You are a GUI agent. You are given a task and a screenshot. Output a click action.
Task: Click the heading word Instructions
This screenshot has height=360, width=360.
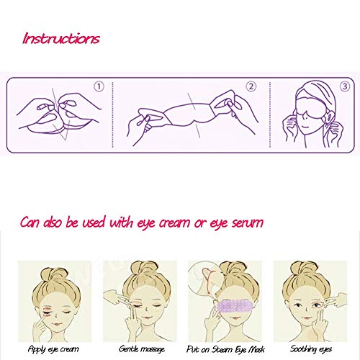tap(61, 38)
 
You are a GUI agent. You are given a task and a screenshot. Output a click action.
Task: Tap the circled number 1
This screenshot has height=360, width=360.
tap(99, 86)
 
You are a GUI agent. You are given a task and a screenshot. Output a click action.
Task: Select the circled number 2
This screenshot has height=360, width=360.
tap(251, 86)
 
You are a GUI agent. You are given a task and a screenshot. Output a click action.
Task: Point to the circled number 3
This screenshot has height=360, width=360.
tap(345, 86)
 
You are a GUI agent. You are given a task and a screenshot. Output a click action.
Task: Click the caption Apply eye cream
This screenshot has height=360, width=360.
tap(53, 349)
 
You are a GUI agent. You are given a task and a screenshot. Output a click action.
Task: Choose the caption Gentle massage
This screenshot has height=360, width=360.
tap(142, 349)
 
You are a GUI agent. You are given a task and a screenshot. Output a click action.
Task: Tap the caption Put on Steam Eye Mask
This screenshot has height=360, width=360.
tap(225, 349)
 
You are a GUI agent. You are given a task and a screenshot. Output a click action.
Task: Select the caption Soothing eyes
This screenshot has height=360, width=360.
tap(311, 349)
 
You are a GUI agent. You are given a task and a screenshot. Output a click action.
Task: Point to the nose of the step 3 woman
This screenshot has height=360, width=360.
tap(305, 117)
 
